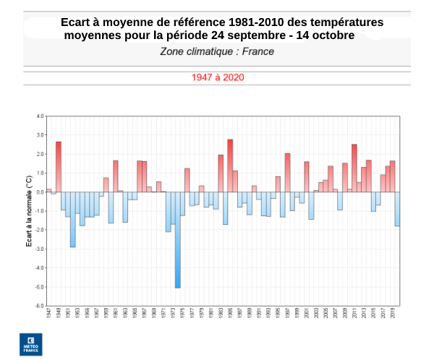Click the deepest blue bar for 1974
click(x=177, y=239)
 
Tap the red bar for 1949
click(x=59, y=167)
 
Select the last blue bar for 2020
click(x=397, y=209)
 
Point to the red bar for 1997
click(x=287, y=173)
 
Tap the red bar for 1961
click(x=116, y=176)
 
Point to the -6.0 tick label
click(x=40, y=306)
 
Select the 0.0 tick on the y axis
click(x=40, y=192)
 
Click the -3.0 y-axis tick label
click(x=40, y=249)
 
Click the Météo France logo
click(x=30, y=344)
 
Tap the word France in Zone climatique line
click(x=258, y=51)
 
